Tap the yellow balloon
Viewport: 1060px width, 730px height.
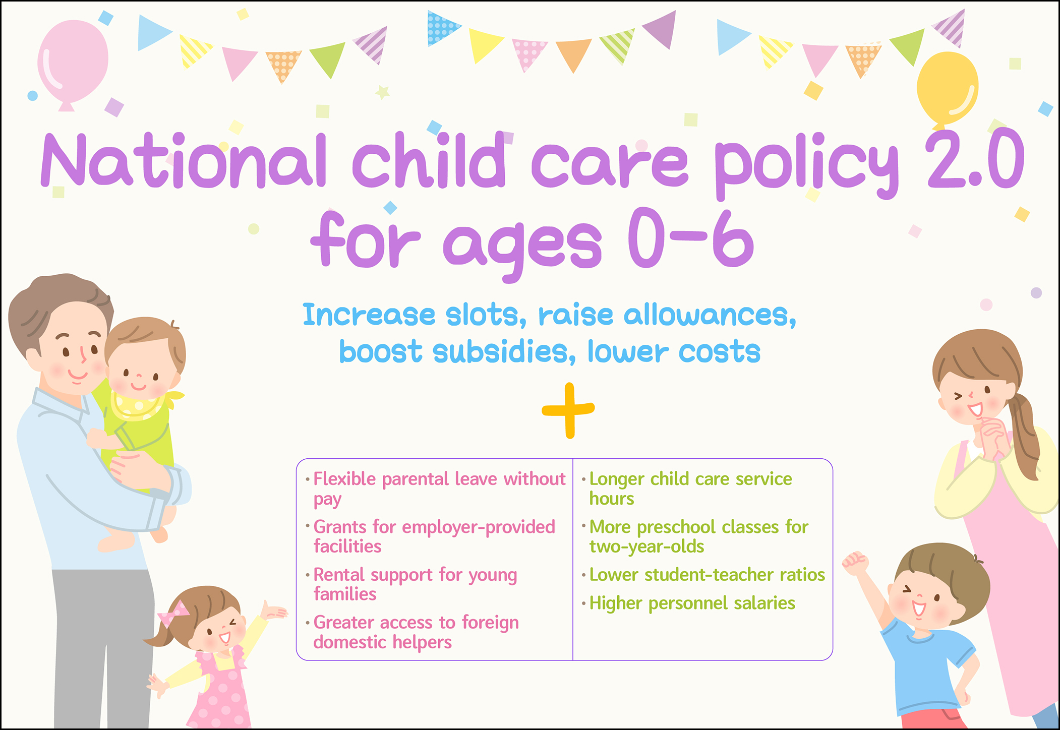pyautogui.click(x=948, y=87)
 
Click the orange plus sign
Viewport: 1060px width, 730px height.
pyautogui.click(x=569, y=410)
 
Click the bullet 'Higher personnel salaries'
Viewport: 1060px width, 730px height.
pyautogui.click(x=692, y=603)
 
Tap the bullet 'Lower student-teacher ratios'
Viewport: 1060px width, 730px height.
pyautogui.click(x=707, y=575)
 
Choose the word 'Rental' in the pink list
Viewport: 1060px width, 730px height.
pyautogui.click(x=338, y=575)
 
